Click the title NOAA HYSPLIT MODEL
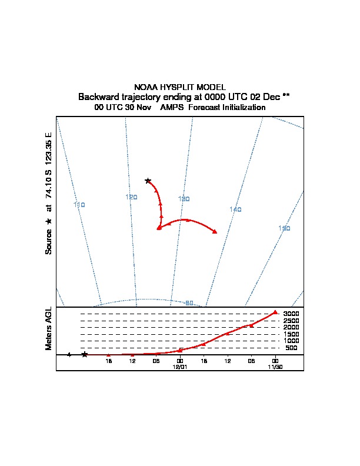[x=180, y=87]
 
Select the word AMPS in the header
[x=172, y=107]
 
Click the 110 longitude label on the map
[x=79, y=205]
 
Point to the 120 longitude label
[x=131, y=197]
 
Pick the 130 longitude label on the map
[x=184, y=199]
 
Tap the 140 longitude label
[x=235, y=209]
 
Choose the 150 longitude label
[x=284, y=228]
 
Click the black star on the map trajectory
[x=148, y=181]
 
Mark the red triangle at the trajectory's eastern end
[x=215, y=231]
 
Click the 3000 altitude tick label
[x=291, y=314]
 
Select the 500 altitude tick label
[x=291, y=348]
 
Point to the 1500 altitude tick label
[x=291, y=334]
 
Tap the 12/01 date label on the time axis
[x=180, y=367]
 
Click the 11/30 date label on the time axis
[x=275, y=367]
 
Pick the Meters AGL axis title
[x=49, y=328]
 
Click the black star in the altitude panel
[x=85, y=354]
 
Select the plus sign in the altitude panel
[x=69, y=355]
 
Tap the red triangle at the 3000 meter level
[x=275, y=312]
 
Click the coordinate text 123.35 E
[x=49, y=150]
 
